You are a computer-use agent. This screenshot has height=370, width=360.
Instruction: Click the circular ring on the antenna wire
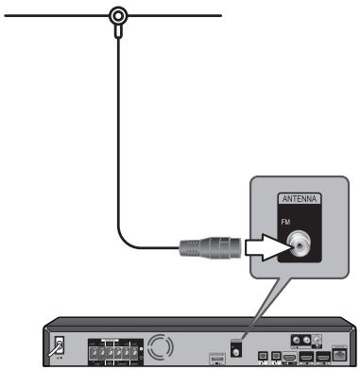coord(117,15)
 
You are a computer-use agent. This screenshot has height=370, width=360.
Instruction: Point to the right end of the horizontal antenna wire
coord(219,15)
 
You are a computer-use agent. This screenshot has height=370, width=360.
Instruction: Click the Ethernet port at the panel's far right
coord(338,353)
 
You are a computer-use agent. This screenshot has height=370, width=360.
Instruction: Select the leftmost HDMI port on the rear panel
coord(288,356)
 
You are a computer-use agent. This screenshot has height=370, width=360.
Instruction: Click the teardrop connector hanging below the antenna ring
coord(117,32)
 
